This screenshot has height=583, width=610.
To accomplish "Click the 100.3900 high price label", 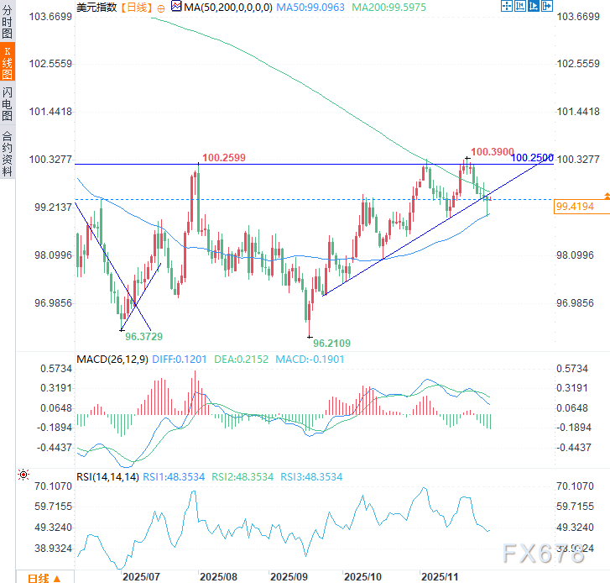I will pos(492,152).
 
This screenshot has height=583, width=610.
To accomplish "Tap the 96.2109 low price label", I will pos(331,343).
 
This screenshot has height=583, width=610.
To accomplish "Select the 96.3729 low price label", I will pos(143,336).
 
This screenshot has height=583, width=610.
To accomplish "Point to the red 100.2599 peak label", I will pos(223,156).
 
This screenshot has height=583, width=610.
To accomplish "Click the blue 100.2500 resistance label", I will pos(532,157).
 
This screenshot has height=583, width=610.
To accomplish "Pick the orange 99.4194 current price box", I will pos(575,206).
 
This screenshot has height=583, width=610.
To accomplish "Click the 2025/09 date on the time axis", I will pos(289,577).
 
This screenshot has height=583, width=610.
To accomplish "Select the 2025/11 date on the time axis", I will pos(439,577).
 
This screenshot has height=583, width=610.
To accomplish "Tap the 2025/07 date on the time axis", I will pos(141,577).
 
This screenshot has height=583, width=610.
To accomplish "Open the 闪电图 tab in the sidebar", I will pos(8,104).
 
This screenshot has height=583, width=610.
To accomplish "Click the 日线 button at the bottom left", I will pos(39,577).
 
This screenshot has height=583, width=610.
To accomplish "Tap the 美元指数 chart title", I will pos(97,7).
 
